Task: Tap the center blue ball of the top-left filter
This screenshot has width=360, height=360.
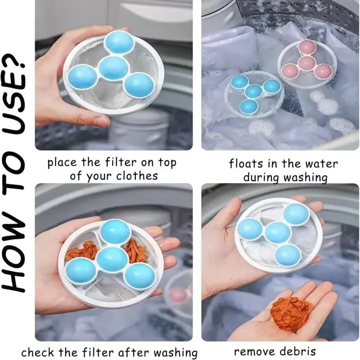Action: [x=113, y=67]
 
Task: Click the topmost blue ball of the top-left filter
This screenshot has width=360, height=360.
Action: [x=119, y=42]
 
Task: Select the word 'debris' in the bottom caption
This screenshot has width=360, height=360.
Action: [x=297, y=351]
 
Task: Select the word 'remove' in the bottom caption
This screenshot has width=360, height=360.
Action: [x=255, y=351]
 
